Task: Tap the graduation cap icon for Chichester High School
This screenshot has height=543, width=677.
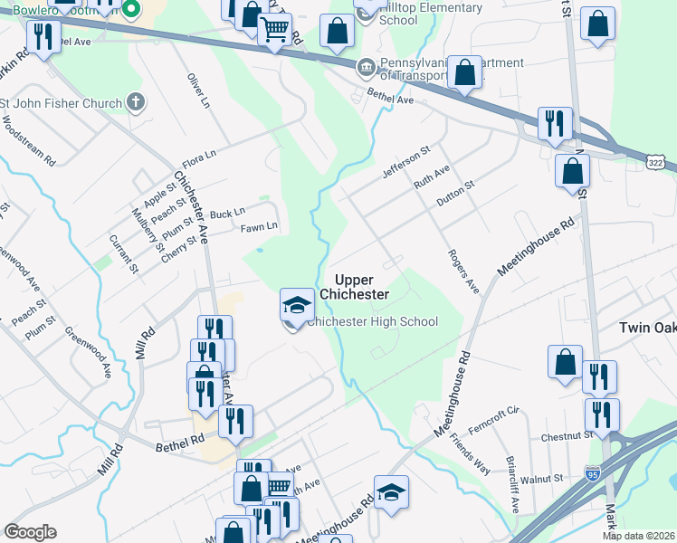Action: [296, 305]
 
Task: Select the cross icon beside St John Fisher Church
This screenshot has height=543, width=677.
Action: [135, 101]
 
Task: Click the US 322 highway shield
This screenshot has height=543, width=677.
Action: [658, 160]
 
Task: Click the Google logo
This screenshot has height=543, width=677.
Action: [30, 532]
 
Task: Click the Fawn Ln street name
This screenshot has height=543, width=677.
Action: [258, 226]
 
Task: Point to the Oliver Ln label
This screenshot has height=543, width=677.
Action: [197, 91]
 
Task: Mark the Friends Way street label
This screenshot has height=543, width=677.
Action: [468, 456]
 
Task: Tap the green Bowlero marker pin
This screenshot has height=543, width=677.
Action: [131, 10]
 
